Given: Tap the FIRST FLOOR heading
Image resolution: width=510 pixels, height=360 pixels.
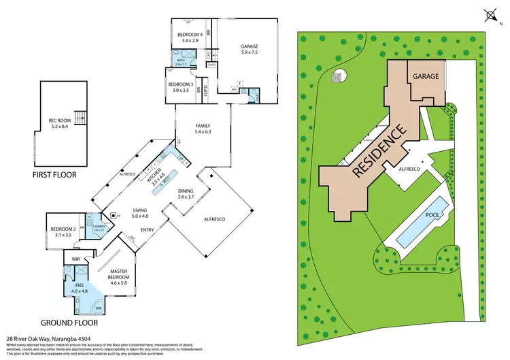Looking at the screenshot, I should coord(54,175).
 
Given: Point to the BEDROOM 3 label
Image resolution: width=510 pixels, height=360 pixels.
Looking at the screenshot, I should coord(180,86).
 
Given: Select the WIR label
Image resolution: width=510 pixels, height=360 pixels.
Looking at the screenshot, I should coord(76,260).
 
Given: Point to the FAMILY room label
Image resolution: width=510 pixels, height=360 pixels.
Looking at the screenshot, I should coord(203,129).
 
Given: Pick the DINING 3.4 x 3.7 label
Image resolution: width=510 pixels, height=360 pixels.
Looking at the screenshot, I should coord(186,194).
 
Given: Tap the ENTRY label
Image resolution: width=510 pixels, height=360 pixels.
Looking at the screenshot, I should coord(148,230).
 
